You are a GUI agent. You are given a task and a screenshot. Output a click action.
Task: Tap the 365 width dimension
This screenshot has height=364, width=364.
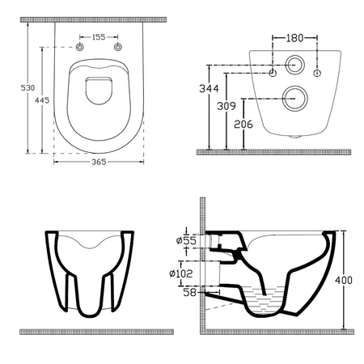(98, 163)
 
